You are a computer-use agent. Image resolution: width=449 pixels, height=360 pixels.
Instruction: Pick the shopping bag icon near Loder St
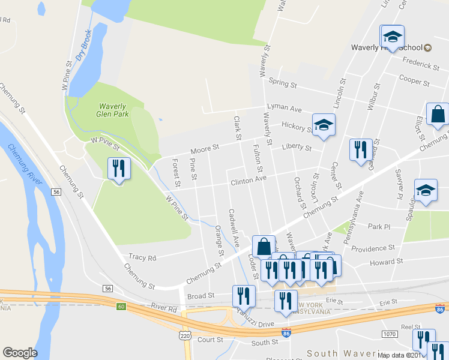264,246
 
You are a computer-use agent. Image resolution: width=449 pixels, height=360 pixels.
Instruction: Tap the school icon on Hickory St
324,125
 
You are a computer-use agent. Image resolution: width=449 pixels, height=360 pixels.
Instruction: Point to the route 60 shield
122,307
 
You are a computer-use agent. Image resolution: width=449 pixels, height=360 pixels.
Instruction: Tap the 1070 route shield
390,332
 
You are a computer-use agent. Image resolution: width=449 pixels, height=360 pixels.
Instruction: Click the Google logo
20,353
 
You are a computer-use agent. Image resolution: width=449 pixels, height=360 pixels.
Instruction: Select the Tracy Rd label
142,257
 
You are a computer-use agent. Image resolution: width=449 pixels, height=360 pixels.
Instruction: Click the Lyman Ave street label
285,109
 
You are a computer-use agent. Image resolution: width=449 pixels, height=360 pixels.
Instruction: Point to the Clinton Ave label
248,179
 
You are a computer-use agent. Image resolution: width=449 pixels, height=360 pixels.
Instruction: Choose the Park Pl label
379,227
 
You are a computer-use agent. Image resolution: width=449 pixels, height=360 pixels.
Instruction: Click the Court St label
210,340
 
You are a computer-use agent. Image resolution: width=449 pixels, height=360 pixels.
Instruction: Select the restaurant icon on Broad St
244,296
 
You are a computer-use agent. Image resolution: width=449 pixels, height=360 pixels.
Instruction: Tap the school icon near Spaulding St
426,191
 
